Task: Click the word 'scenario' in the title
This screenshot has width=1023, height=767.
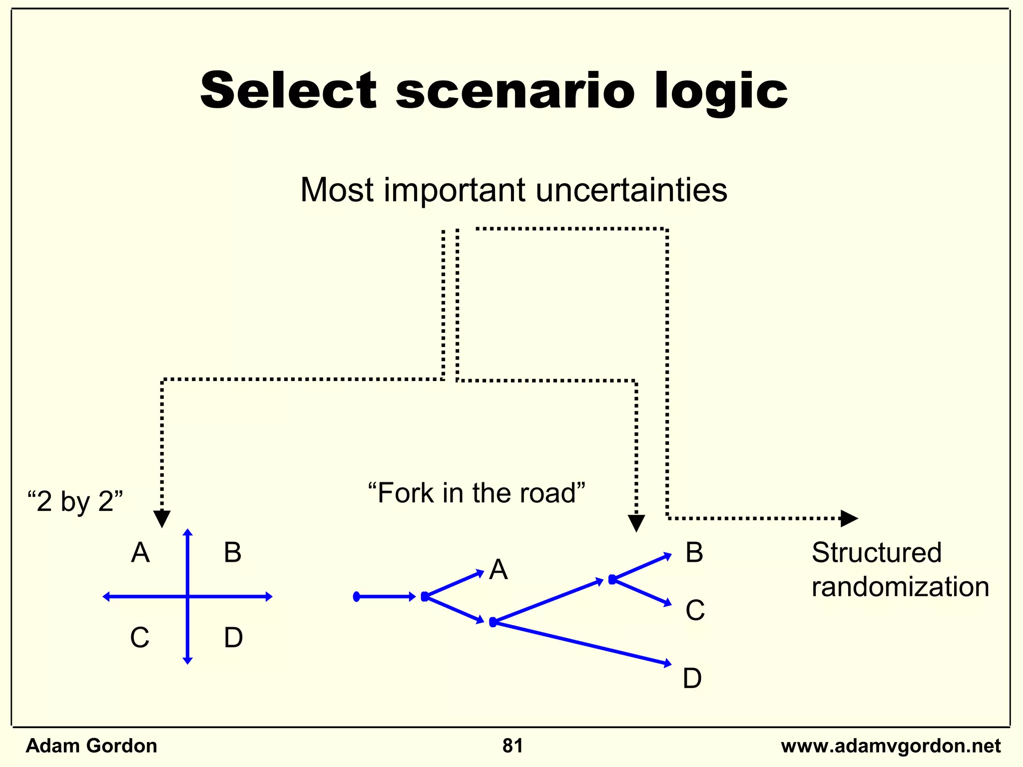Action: [515, 91]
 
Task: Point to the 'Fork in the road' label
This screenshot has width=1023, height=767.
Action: [476, 493]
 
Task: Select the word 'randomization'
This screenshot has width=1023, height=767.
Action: [900, 587]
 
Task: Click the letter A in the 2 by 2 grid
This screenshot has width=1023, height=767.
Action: [140, 553]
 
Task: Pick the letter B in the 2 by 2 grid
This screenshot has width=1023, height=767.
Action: [232, 553]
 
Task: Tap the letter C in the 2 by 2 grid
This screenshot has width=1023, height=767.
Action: [139, 638]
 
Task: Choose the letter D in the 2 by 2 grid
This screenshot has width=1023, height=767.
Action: [233, 638]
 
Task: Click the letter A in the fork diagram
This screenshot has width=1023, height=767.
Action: [498, 570]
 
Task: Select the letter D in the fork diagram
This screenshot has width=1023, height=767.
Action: [692, 679]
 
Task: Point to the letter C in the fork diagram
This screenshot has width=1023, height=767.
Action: [695, 610]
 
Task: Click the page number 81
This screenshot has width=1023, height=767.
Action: [512, 746]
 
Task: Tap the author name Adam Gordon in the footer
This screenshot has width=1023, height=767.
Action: [91, 746]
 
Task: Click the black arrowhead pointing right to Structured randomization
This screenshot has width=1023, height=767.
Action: [849, 518]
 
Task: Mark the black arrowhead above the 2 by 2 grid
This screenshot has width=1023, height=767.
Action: [162, 518]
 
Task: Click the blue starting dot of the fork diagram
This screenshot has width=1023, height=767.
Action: [356, 597]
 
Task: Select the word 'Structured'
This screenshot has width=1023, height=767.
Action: [877, 553]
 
